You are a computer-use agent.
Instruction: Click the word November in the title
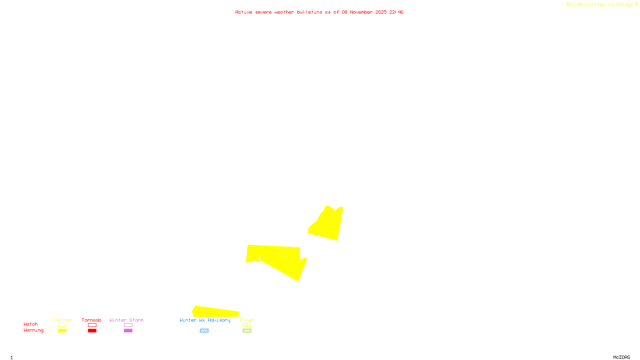361,12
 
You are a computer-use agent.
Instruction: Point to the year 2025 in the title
381,12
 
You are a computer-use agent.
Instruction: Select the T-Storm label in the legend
62,320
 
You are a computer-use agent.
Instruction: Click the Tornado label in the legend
92,320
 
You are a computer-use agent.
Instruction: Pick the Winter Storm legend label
126,320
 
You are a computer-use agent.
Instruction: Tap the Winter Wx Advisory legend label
205,320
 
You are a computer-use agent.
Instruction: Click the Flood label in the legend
247,320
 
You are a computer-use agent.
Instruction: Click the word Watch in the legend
31,324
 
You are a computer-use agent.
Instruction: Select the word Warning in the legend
34,330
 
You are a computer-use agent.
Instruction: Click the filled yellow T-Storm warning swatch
62,331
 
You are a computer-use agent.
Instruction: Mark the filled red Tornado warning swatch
92,331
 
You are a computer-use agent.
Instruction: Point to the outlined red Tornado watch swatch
92,325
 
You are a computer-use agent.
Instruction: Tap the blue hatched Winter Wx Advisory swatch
204,331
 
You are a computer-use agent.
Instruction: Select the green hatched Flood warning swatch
247,331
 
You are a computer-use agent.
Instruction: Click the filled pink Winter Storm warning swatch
128,331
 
